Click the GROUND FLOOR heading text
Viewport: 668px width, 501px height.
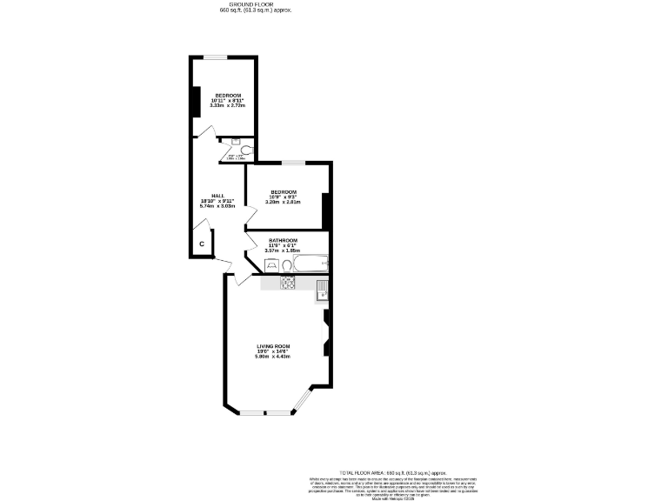pos(253,4)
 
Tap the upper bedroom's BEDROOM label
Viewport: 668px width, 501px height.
pos(228,95)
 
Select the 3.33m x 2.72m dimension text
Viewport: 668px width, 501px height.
pos(228,105)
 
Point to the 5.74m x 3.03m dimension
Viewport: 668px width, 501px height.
pos(217,206)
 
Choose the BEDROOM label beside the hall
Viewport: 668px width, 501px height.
pos(284,191)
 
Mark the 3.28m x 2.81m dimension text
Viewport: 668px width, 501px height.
pos(284,202)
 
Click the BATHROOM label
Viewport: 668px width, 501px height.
pos(283,240)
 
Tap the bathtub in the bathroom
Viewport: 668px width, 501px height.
pos(309,262)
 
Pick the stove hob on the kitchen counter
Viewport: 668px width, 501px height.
pos(288,283)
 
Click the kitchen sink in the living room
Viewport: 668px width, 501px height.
pos(321,288)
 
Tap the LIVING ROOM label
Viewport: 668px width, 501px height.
pos(272,346)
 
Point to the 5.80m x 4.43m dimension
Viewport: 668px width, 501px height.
pos(272,357)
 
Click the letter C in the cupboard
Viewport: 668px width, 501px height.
pos(201,244)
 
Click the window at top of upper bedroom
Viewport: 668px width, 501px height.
pos(216,57)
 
